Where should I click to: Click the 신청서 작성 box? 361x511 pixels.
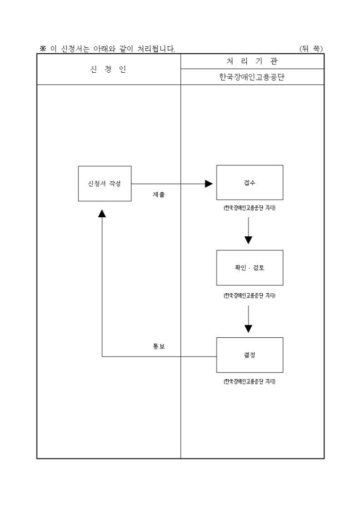pyautogui.click(x=105, y=183)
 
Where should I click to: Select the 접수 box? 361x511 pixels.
pyautogui.click(x=250, y=182)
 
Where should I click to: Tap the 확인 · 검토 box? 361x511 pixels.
pyautogui.click(x=250, y=268)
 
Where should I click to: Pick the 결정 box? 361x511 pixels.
pyautogui.click(x=250, y=355)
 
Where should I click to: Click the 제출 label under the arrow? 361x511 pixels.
pyautogui.click(x=158, y=195)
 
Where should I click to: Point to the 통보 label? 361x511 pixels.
pyautogui.click(x=158, y=346)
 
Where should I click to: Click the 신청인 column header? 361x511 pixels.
pyautogui.click(x=108, y=69)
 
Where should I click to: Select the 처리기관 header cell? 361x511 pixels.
pyautogui.click(x=252, y=62)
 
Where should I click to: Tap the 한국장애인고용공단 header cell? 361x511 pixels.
pyautogui.click(x=252, y=77)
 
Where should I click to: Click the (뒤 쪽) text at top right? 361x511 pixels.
pyautogui.click(x=311, y=49)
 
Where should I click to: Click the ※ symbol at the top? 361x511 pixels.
pyautogui.click(x=44, y=49)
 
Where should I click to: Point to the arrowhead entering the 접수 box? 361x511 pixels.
pyautogui.click(x=209, y=183)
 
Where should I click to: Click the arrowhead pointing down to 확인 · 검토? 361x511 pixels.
pyautogui.click(x=248, y=240)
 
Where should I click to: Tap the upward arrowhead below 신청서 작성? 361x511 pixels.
pyautogui.click(x=102, y=212)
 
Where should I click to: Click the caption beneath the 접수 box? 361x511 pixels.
pyautogui.click(x=250, y=208)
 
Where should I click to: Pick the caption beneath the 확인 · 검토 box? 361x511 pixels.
pyautogui.click(x=250, y=295)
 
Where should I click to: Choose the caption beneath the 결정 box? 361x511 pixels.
pyautogui.click(x=250, y=381)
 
